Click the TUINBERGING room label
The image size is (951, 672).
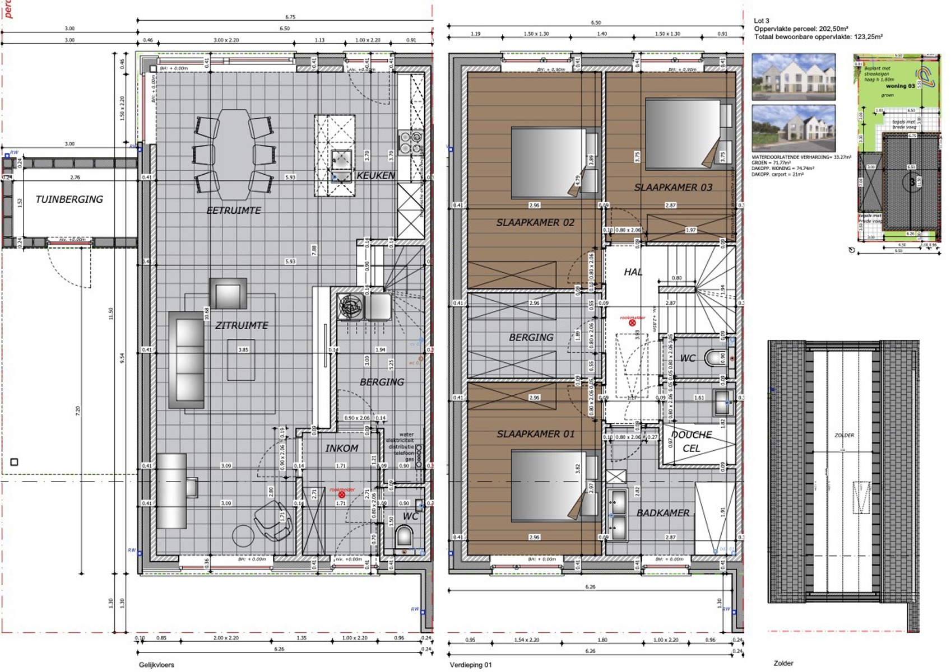69,199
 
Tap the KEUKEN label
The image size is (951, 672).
375,175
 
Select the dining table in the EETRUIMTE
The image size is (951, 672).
234,154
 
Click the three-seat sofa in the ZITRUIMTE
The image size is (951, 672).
187,360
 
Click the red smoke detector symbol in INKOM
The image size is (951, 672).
342,494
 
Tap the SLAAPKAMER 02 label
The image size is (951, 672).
535,222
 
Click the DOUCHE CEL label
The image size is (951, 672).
692,441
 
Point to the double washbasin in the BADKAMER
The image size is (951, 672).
618,514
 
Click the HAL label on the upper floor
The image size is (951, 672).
633,272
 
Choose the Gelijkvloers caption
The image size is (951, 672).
156,665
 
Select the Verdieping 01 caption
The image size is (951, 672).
470,665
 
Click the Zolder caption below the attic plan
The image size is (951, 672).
783,663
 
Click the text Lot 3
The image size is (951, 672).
762,21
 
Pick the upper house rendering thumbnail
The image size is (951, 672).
793,77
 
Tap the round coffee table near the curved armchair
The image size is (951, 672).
243,536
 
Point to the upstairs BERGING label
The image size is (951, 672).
531,337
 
